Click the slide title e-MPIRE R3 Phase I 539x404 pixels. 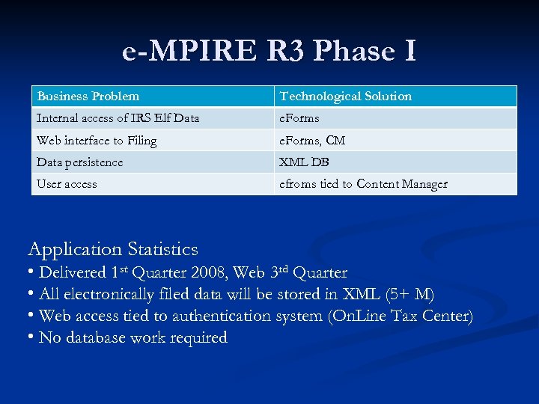(269, 51)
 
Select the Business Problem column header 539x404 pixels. (88, 96)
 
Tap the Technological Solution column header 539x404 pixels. (345, 96)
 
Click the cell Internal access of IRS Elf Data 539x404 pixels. (118, 118)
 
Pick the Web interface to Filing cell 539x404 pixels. (97, 140)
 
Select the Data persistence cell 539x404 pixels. (80, 162)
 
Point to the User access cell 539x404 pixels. (67, 183)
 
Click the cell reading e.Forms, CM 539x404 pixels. (312, 140)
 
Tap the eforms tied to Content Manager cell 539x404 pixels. (363, 183)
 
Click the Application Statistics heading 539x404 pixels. (113, 249)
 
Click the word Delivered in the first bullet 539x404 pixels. (72, 272)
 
